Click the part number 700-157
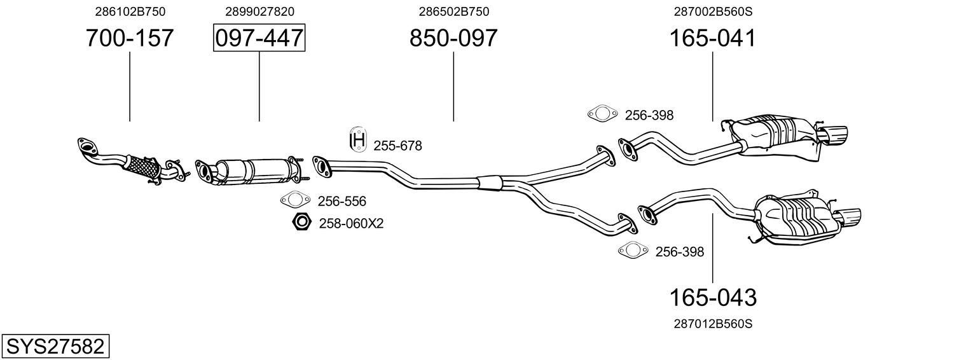(x=130, y=38)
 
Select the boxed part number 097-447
(x=259, y=38)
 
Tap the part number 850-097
(x=453, y=38)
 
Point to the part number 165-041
(x=712, y=38)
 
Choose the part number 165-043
(x=712, y=297)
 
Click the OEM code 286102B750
(x=130, y=11)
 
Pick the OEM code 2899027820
(x=259, y=11)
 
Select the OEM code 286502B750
(x=453, y=11)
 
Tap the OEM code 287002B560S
(x=712, y=11)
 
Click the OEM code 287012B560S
(x=712, y=324)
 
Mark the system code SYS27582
(x=55, y=347)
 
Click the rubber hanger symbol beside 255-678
(x=359, y=140)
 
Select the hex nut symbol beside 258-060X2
(x=301, y=223)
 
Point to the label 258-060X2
(x=351, y=223)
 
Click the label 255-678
(x=397, y=146)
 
